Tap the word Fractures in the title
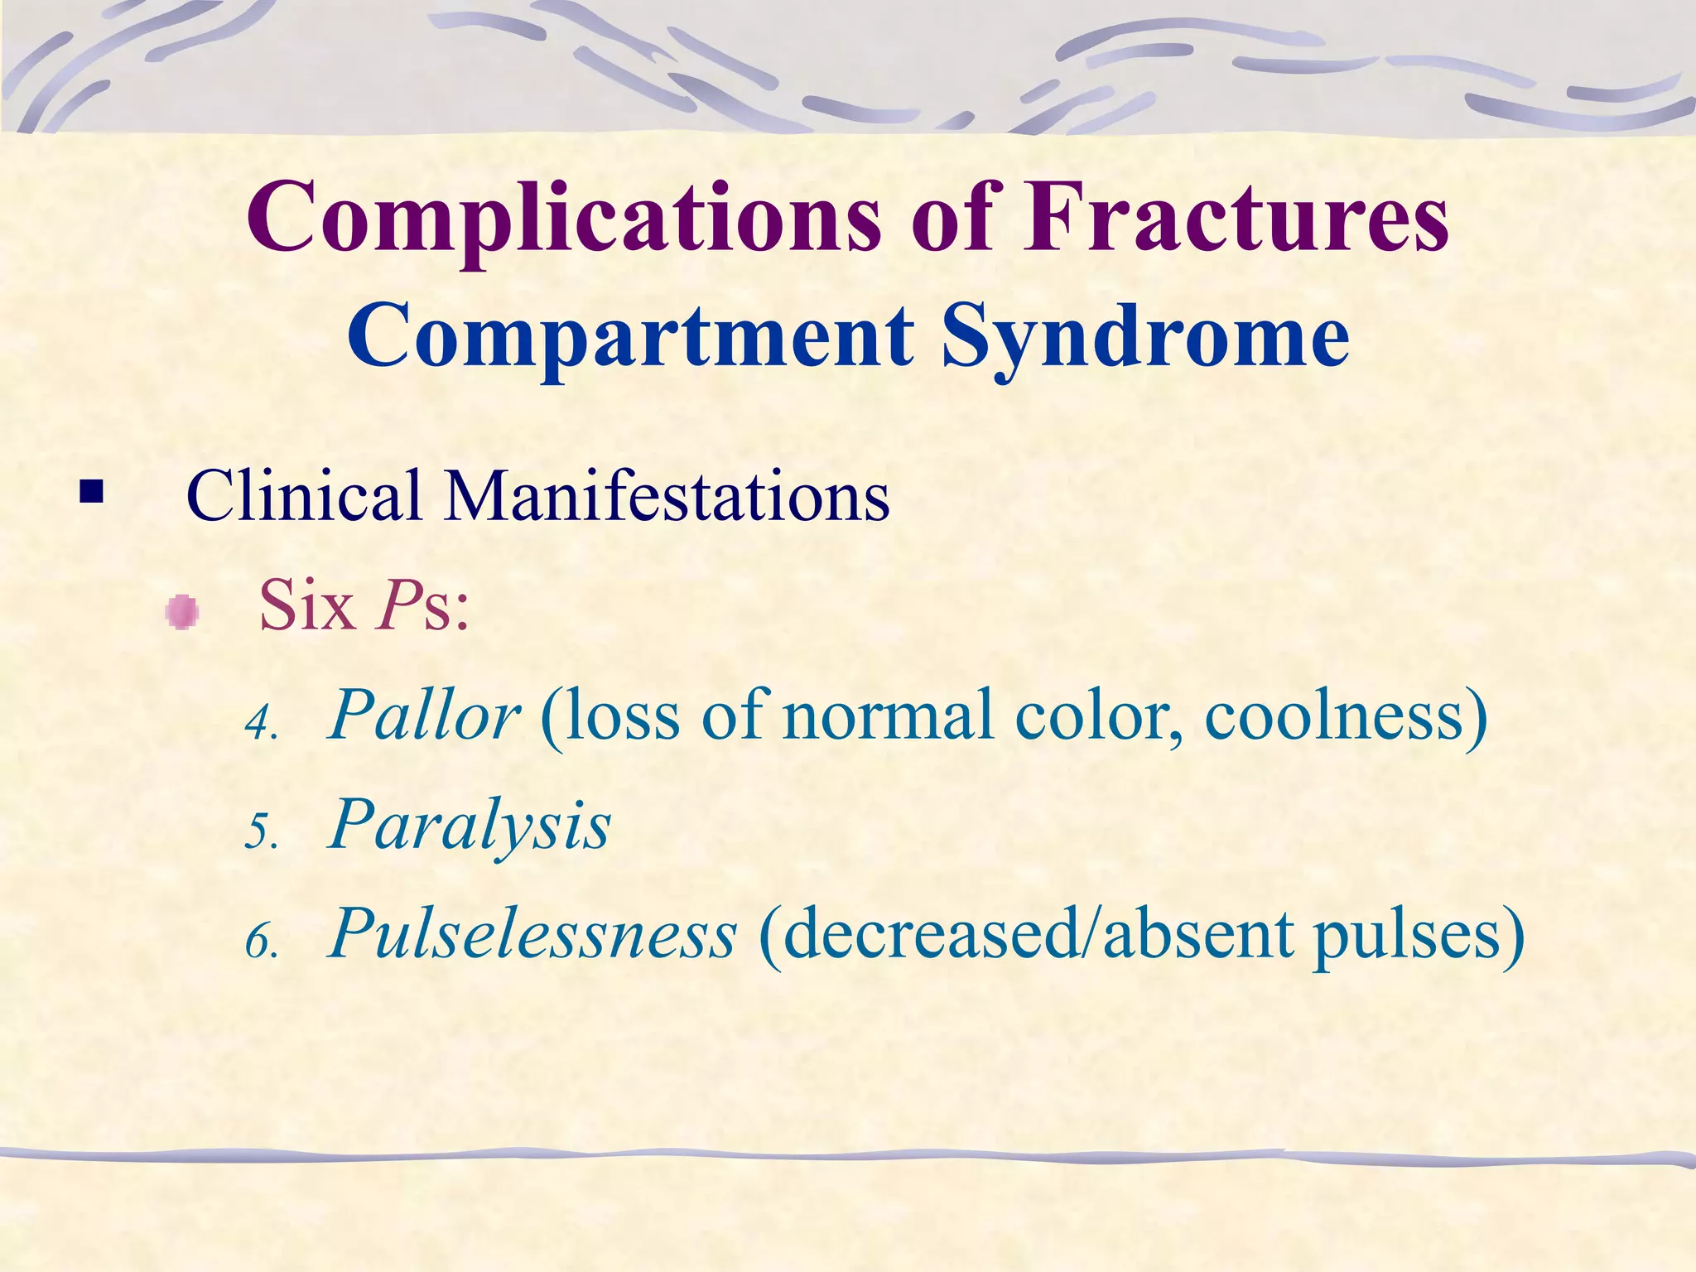pyautogui.click(x=1236, y=217)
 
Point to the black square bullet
pyautogui.click(x=92, y=494)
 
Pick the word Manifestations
pyautogui.click(x=667, y=495)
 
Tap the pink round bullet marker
pyautogui.click(x=181, y=613)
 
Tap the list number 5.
pyautogui.click(x=261, y=831)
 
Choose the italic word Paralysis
pyautogui.click(x=470, y=825)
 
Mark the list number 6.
pyautogui.click(x=261, y=942)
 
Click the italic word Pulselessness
pyautogui.click(x=532, y=934)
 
